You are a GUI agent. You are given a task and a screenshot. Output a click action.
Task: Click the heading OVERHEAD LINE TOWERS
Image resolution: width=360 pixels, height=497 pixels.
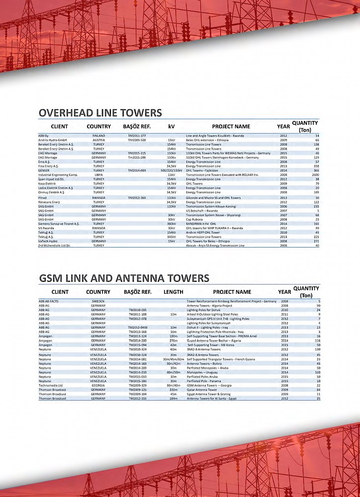tap(100, 113)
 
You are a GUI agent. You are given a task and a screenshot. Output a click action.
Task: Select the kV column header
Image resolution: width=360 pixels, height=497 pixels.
tap(172, 127)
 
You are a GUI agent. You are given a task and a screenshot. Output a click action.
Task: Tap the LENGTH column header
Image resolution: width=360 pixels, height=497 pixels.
tap(173, 292)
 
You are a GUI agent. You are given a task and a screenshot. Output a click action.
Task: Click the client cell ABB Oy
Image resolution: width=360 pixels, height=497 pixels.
tap(44, 136)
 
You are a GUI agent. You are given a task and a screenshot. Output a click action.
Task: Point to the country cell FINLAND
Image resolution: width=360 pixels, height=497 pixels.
tap(98, 136)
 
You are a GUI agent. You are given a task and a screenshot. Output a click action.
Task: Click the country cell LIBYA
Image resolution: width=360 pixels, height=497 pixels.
tap(98, 175)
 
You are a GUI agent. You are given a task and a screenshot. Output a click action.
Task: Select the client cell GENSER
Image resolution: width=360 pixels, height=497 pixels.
tap(44, 170)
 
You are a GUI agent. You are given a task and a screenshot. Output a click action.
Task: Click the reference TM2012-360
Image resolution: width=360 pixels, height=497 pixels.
tap(137, 198)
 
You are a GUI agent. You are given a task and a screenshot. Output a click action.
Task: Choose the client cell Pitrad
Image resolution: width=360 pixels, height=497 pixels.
tap(42, 198)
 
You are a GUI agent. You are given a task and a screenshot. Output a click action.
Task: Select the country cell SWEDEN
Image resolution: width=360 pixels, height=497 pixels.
tap(98, 301)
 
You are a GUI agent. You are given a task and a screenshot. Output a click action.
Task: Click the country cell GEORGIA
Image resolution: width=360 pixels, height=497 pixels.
tap(98, 385)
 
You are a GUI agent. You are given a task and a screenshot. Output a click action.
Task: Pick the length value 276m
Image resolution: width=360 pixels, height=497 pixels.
tap(173, 340)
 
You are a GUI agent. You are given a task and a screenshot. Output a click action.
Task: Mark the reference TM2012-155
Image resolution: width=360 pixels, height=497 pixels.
tap(137, 399)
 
